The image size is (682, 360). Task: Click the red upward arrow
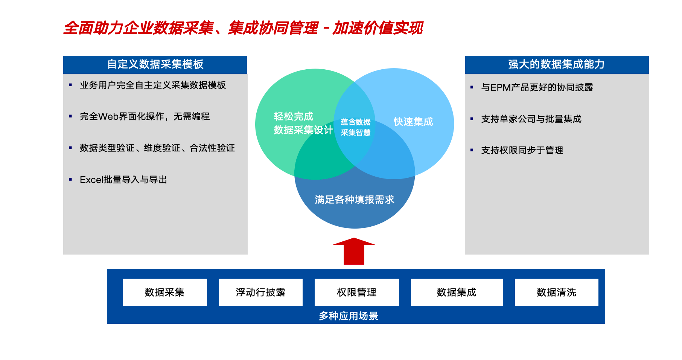(354, 252)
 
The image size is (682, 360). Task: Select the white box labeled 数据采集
(165, 292)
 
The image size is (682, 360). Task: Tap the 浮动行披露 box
(261, 292)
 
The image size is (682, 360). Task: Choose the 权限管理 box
(357, 292)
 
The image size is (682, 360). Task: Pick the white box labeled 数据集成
(457, 292)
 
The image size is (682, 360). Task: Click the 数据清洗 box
(557, 292)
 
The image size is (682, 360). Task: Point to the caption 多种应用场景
(349, 316)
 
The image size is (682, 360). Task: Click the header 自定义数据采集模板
(155, 64)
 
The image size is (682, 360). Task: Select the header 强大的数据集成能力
(557, 64)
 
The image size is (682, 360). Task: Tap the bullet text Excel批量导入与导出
(123, 180)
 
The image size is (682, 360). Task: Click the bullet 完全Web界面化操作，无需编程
(145, 116)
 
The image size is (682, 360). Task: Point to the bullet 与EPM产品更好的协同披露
(537, 87)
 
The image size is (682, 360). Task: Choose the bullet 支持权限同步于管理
(522, 150)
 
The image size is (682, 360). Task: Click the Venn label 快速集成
(413, 122)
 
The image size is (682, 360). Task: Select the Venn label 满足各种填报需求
(355, 200)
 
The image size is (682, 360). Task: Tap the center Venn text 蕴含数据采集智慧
(356, 127)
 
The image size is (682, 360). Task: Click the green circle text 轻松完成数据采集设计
(303, 123)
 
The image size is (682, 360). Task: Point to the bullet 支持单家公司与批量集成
(531, 119)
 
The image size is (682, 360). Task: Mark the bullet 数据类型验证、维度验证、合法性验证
(157, 148)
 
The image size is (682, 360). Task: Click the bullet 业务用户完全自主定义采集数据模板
(153, 85)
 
